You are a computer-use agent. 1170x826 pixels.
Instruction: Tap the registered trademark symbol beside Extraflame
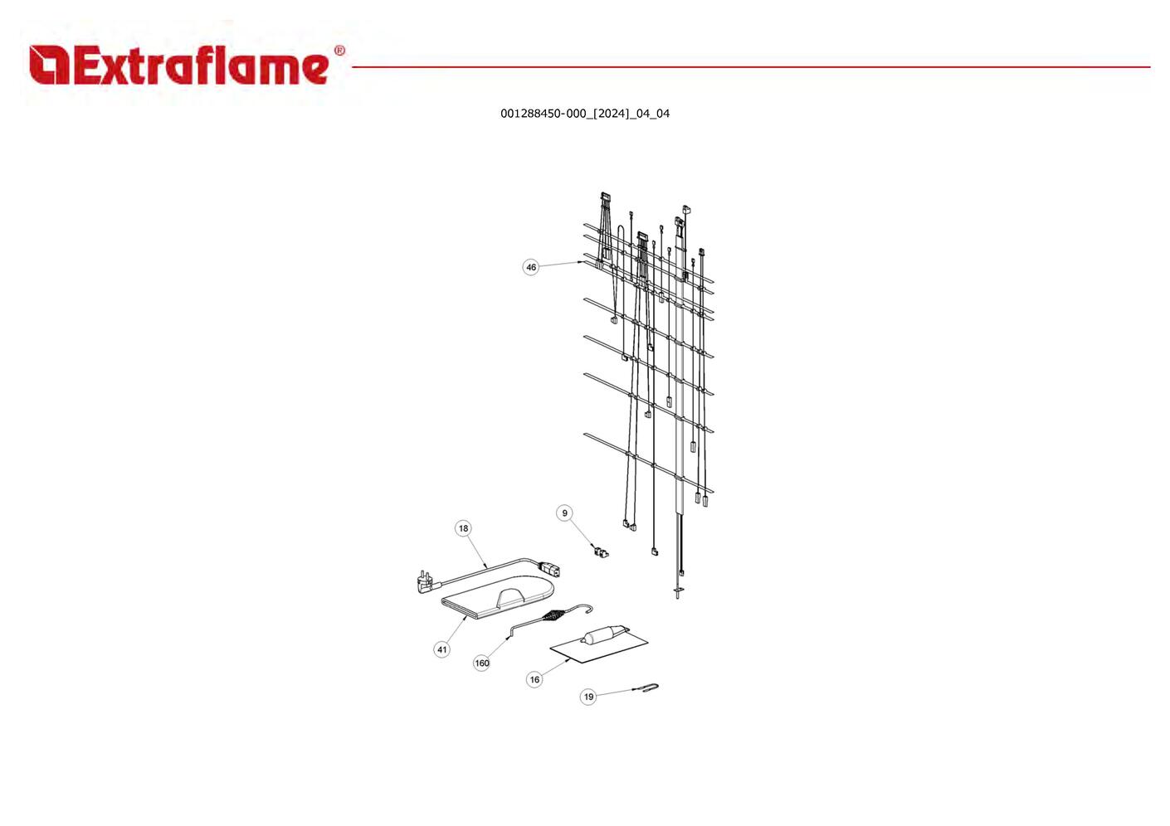point(339,51)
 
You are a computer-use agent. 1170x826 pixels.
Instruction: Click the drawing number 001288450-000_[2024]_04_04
point(584,114)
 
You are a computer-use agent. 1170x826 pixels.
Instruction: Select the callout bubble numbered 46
point(531,267)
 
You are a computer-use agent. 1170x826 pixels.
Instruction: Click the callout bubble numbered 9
point(565,513)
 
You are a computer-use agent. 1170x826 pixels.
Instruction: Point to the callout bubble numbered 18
point(463,528)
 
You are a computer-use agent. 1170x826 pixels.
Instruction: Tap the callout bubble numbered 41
point(442,649)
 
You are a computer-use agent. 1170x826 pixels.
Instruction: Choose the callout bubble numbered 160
point(482,663)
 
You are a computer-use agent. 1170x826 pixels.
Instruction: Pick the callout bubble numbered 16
point(534,679)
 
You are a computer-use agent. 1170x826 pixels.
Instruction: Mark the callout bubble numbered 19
point(588,697)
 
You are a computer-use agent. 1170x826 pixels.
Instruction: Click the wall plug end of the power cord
point(424,581)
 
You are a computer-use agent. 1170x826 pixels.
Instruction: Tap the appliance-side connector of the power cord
point(549,569)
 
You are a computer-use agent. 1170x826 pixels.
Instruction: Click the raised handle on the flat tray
point(511,596)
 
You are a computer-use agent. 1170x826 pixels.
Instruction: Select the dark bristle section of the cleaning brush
point(552,617)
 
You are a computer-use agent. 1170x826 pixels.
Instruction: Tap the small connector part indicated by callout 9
point(600,551)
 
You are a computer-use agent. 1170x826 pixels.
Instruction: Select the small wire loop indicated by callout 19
point(650,687)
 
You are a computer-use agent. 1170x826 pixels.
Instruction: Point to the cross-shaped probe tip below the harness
point(679,590)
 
